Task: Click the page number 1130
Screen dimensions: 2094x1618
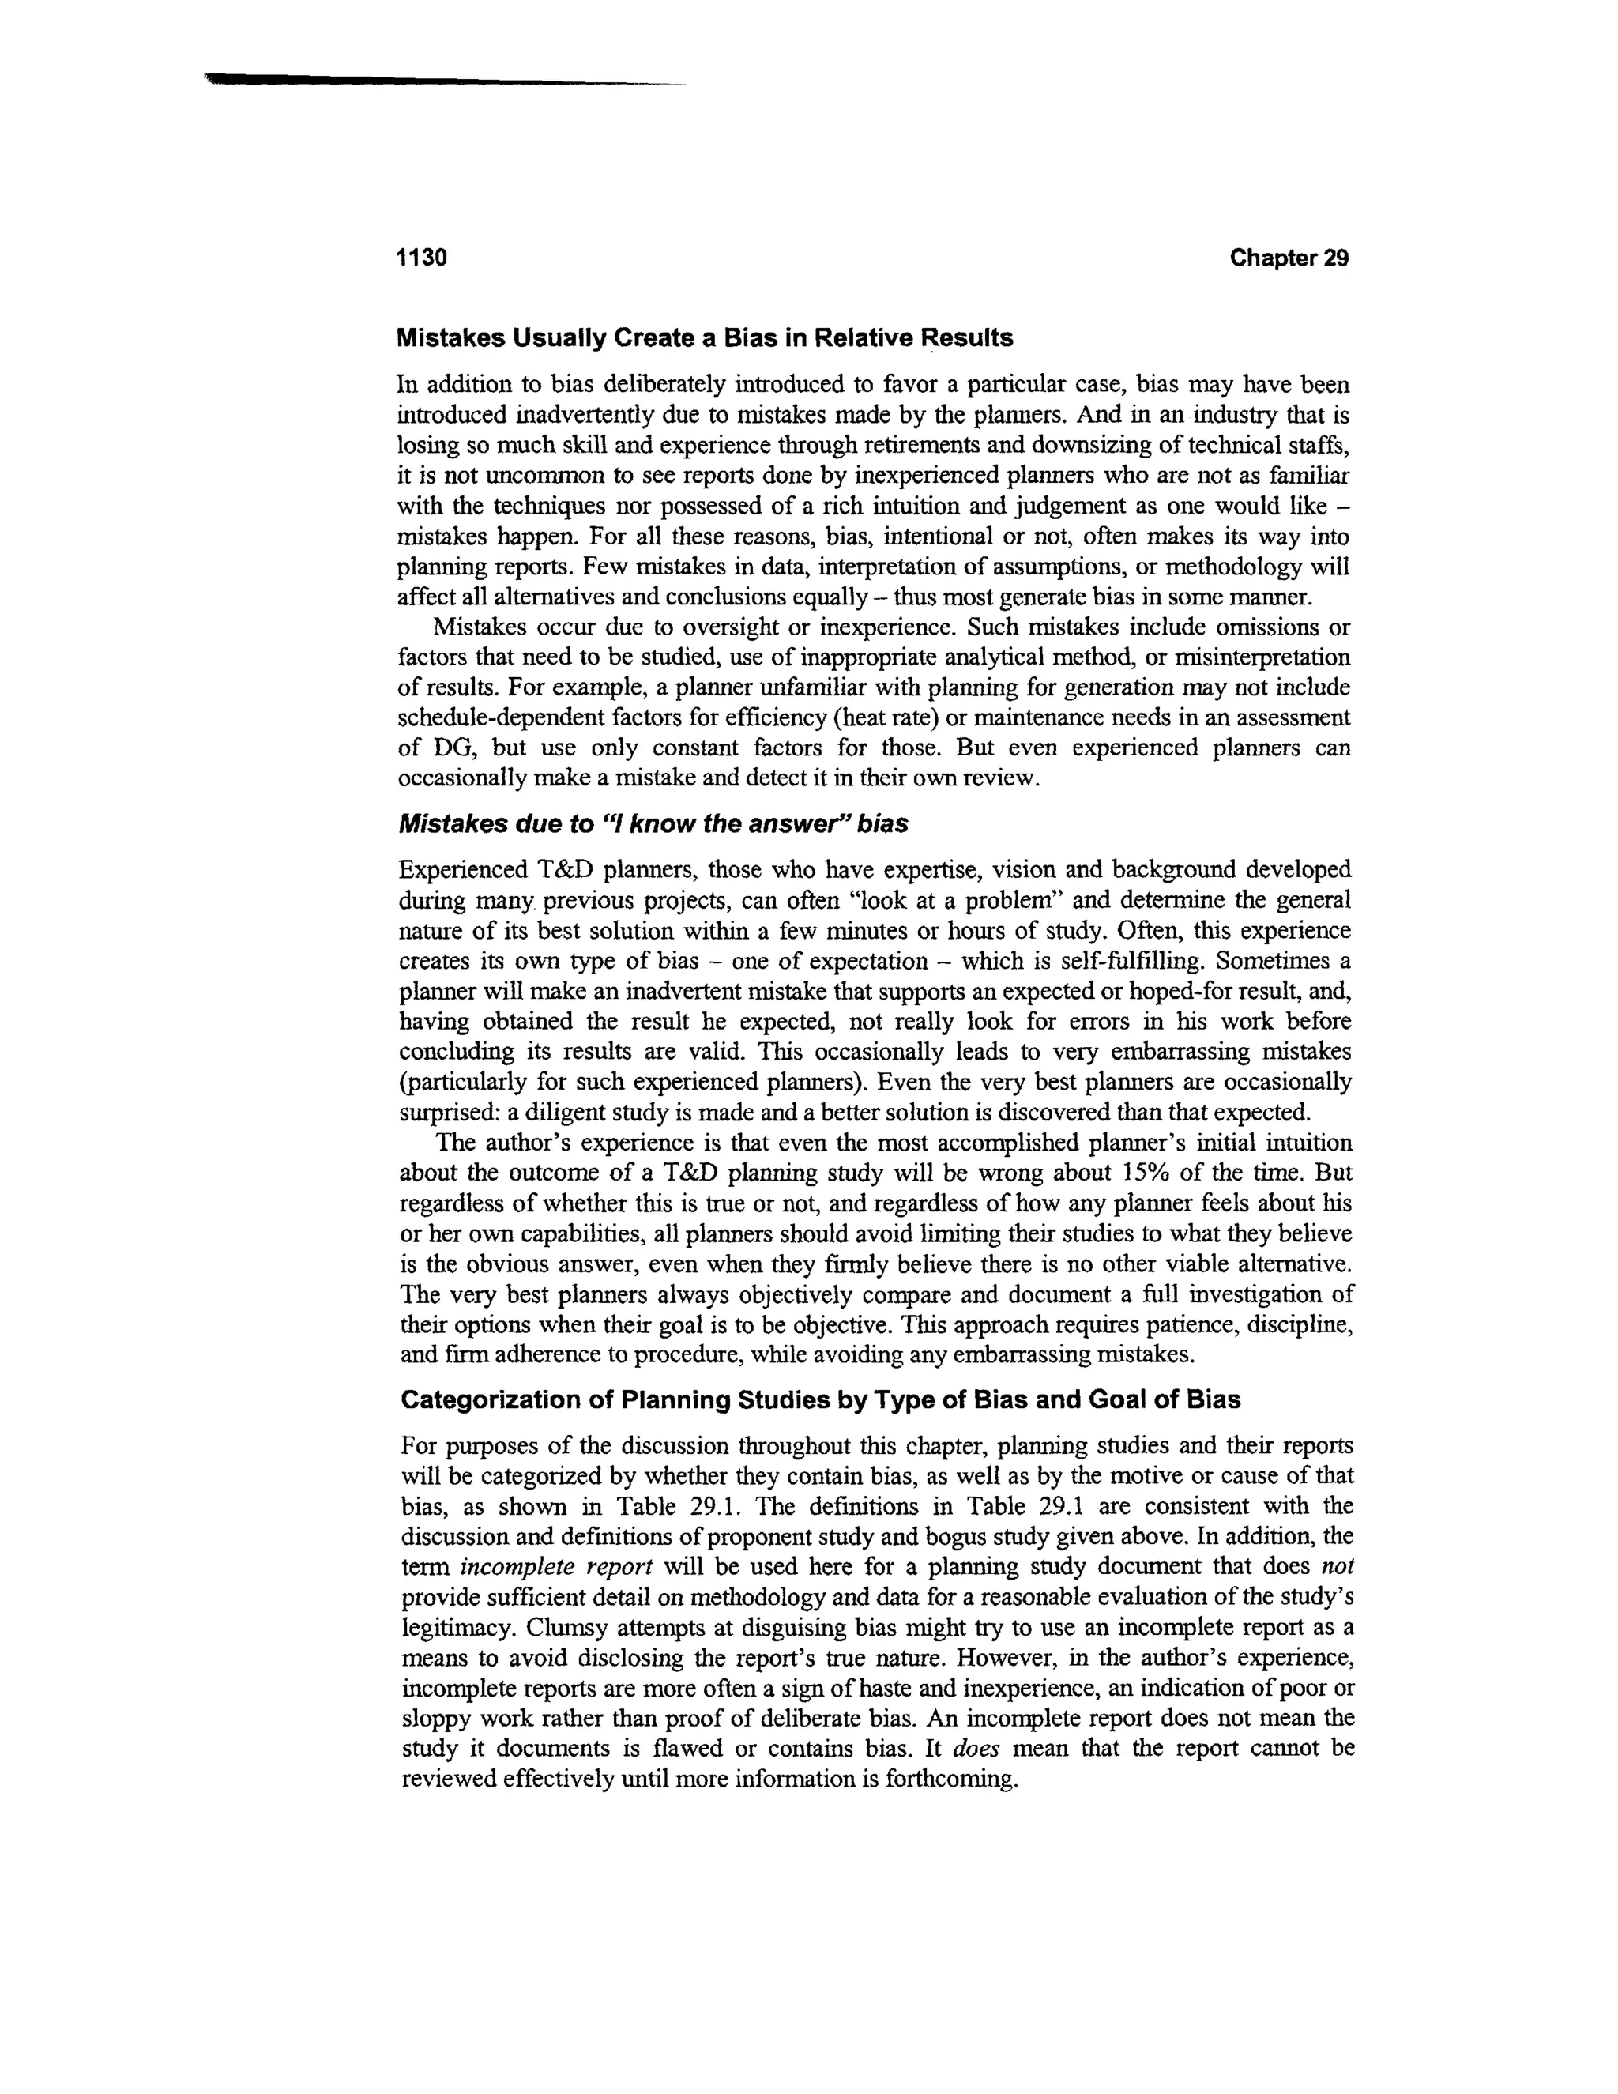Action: coord(422,258)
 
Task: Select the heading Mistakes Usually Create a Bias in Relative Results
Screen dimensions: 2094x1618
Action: coord(705,338)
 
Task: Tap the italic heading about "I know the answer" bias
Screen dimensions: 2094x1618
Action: coord(653,823)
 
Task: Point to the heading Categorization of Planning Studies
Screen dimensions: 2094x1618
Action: coord(819,1400)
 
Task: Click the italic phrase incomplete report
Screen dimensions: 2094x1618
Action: coord(556,1567)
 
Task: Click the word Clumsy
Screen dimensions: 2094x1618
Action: coord(563,1627)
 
